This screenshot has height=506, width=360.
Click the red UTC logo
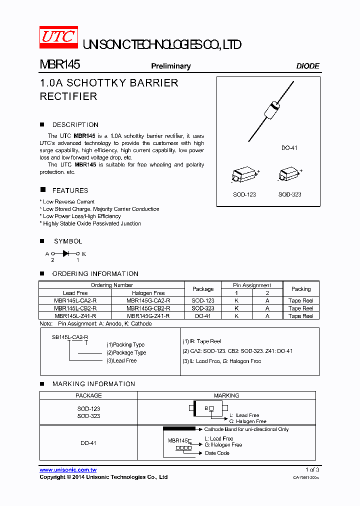pyautogui.click(x=58, y=37)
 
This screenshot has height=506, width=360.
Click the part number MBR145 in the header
pyautogui.click(x=59, y=65)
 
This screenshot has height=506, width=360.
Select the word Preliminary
pyautogui.click(x=171, y=66)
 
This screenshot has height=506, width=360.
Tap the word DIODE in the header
pyautogui.click(x=307, y=66)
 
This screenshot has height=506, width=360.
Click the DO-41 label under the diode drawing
pyautogui.click(x=289, y=148)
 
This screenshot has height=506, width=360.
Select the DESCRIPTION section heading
pyautogui.click(x=75, y=125)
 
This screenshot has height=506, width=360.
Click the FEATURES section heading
pyautogui.click(x=70, y=190)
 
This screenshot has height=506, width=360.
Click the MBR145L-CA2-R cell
pyautogui.click(x=75, y=301)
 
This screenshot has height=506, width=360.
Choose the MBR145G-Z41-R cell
pyautogui.click(x=148, y=316)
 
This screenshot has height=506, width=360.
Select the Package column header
pyautogui.click(x=203, y=289)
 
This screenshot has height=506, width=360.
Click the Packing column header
pyautogui.click(x=301, y=289)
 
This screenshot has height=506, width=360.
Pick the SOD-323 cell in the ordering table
pyautogui.click(x=203, y=308)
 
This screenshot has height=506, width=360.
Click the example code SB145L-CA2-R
pyautogui.click(x=70, y=337)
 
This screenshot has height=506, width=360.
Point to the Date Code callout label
pyautogui.click(x=217, y=453)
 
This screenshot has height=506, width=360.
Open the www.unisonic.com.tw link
pyautogui.click(x=68, y=470)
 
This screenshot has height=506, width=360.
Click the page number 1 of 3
pyautogui.click(x=312, y=469)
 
